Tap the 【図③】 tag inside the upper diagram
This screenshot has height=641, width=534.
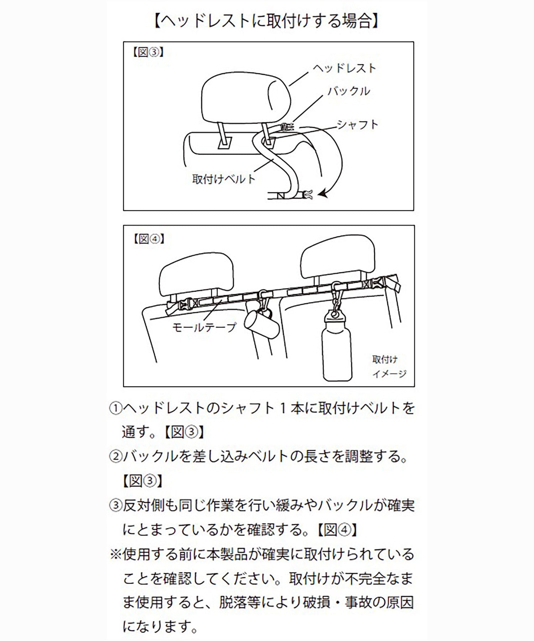tap(148, 52)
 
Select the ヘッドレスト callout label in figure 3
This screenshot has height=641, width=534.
tap(344, 68)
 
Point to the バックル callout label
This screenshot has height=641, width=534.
tap(349, 91)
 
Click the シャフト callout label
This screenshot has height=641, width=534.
tap(357, 125)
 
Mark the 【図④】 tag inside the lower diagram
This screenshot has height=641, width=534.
tap(149, 239)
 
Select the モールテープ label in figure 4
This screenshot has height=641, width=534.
tap(204, 327)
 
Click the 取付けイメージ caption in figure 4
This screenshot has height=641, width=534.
tap(389, 367)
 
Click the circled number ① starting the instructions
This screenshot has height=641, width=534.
tap(115, 408)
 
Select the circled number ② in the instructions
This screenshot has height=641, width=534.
tap(115, 457)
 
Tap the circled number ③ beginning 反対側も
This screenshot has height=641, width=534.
tap(115, 506)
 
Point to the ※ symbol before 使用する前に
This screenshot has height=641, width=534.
tap(115, 554)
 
